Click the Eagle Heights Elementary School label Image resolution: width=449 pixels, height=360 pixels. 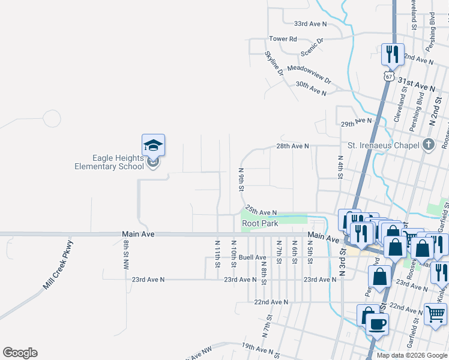tap(109, 162)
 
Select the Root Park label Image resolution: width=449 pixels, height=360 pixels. tap(260, 223)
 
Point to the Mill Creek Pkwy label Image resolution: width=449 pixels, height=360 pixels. tap(58, 265)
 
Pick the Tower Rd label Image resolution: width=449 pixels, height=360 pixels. tap(283, 39)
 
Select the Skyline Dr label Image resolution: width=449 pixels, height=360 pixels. tap(274, 62)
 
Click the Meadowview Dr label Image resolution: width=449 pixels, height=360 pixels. tap(309, 73)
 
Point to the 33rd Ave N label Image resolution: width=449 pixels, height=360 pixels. tap(310, 24)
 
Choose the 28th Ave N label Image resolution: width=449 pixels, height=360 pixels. tap(292, 146)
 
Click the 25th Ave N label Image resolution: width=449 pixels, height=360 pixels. tap(261, 212)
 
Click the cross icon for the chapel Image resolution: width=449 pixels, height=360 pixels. tap(427, 144)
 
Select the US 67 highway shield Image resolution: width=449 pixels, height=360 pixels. tap(389, 77)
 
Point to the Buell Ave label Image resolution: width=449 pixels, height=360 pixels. tap(252, 257)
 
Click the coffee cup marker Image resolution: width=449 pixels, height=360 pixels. tap(377, 325)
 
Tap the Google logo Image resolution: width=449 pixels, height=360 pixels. tap(20, 353)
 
